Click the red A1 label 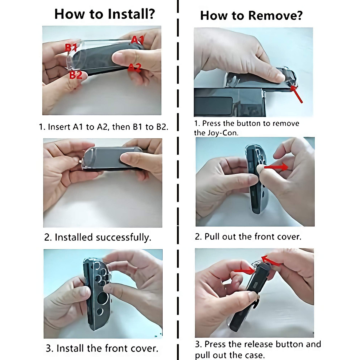137,40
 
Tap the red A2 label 134,67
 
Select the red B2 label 76,75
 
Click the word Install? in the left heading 131,14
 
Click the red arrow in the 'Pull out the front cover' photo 276,166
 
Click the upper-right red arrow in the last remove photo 271,260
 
